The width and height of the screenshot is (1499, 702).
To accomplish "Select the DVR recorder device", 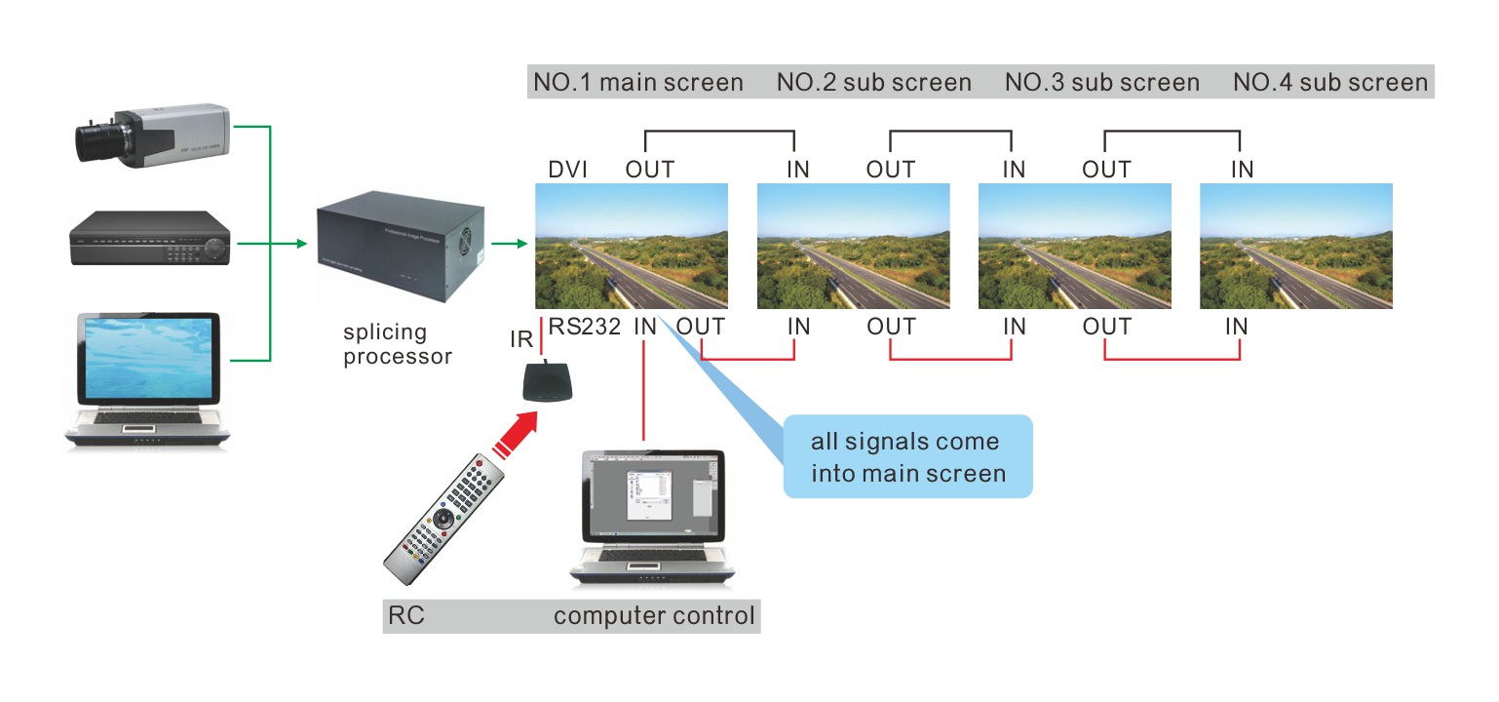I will [x=149, y=238].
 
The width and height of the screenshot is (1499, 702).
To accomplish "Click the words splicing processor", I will [x=398, y=344].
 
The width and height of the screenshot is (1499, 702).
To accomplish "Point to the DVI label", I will [x=567, y=170].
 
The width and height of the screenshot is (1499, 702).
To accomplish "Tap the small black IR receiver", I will [x=548, y=381].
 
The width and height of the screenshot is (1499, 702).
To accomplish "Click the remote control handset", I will [x=445, y=515].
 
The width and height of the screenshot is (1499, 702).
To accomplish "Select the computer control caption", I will [x=654, y=616].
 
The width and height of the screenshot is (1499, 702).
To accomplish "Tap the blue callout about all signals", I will [x=906, y=456].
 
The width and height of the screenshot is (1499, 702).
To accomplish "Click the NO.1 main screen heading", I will [x=637, y=83].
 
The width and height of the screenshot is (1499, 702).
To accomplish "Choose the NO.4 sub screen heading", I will [x=1329, y=83].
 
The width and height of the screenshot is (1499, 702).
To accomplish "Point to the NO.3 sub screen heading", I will [x=1101, y=83].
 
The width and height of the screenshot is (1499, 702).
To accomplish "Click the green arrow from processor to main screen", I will [x=508, y=244].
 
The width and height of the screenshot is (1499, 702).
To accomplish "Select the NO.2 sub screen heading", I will [x=873, y=83].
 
